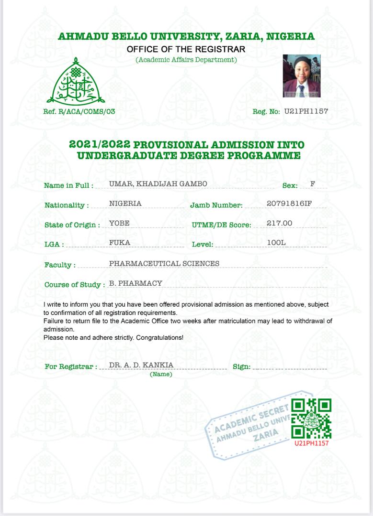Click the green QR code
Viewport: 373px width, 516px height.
[311, 419]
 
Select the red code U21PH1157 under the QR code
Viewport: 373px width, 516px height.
[311, 443]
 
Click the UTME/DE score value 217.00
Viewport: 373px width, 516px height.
[279, 223]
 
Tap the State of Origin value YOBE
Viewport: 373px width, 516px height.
[119, 223]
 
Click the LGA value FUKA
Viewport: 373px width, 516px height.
[120, 243]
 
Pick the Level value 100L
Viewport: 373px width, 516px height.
[276, 243]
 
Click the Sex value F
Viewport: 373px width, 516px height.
[313, 184]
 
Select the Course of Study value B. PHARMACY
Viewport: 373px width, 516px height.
[136, 283]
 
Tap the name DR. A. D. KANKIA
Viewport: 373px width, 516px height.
[141, 365]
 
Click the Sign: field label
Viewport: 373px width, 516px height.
[241, 366]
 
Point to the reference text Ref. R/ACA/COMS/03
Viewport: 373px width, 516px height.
[79, 112]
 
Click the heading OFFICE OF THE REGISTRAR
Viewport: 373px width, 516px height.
[186, 49]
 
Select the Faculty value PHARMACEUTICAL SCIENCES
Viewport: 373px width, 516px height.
[164, 263]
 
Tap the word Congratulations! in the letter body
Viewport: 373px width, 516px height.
[160, 337]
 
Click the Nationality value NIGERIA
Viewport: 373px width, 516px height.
[125, 204]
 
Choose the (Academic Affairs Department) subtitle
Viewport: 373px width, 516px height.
[186, 60]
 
